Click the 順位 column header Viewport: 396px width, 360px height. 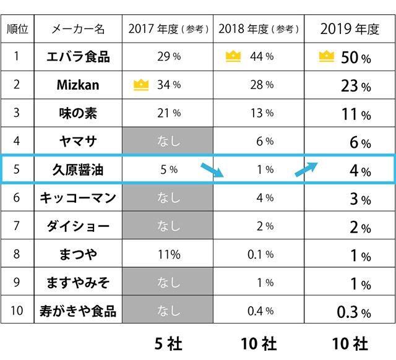pyautogui.click(x=17, y=29)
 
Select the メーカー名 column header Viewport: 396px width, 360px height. pyautogui.click(x=78, y=29)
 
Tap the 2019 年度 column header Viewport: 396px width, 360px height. pyautogui.click(x=349, y=29)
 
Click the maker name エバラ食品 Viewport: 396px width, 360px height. pyautogui.click(x=78, y=57)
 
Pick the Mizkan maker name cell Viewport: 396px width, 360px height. pyautogui.click(x=78, y=85)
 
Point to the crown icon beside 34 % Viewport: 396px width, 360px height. pyautogui.click(x=142, y=84)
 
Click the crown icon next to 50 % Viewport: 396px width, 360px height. pyautogui.click(x=325, y=57)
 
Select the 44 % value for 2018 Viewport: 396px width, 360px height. pyautogui.click(x=262, y=57)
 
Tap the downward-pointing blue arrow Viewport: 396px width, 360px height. pyautogui.click(x=213, y=169)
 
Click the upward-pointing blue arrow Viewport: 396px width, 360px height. pyautogui.click(x=306, y=169)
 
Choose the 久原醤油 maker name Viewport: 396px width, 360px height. pyautogui.click(x=78, y=170)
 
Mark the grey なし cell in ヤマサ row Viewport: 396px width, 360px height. pyautogui.click(x=168, y=142)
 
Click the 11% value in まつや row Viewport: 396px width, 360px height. pyautogui.click(x=168, y=255)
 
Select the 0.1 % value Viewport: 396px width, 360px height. pyautogui.click(x=261, y=255)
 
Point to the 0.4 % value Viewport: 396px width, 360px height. pyautogui.click(x=261, y=311)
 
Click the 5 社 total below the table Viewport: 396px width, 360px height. pyautogui.click(x=168, y=343)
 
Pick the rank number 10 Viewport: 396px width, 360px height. pyautogui.click(x=17, y=311)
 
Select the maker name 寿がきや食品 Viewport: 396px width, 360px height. pyautogui.click(x=78, y=311)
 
